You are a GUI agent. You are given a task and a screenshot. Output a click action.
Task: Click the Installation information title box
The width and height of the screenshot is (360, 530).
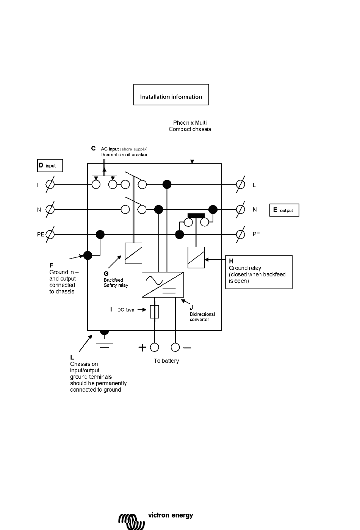click(171, 94)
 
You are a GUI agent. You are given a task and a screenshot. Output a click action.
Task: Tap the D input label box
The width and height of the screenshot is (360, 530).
click(50, 165)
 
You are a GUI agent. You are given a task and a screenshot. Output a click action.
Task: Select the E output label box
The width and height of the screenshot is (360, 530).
click(284, 210)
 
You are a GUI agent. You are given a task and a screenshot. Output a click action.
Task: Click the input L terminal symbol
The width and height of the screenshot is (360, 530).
click(50, 184)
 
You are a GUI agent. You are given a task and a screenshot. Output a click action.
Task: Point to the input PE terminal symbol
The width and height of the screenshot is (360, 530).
click(50, 234)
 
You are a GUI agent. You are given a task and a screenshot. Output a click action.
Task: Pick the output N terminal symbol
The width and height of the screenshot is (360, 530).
click(241, 210)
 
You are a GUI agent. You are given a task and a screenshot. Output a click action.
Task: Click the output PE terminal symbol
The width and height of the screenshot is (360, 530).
click(241, 234)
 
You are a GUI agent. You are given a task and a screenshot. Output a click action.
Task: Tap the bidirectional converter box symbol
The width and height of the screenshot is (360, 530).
click(163, 285)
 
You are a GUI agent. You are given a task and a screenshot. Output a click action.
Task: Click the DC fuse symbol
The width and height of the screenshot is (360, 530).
click(155, 312)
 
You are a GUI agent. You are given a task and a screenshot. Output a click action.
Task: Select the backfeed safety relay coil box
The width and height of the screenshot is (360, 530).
click(133, 253)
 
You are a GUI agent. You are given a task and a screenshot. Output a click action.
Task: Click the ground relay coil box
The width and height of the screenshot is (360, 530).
click(196, 257)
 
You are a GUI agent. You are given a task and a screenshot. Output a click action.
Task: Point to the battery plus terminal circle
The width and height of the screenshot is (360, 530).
click(155, 347)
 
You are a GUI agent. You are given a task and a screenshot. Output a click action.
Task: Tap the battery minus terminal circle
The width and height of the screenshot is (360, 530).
click(175, 347)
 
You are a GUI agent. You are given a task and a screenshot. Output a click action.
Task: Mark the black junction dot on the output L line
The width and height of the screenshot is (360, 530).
click(167, 184)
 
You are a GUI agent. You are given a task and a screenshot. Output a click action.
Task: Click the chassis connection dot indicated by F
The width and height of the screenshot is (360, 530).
click(88, 256)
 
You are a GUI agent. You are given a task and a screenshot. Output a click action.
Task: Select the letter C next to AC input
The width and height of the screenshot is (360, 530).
click(94, 148)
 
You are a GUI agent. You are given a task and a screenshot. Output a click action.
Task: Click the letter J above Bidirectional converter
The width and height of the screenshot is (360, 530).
click(191, 307)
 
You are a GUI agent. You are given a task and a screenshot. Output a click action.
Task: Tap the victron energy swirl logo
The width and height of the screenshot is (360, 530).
click(131, 521)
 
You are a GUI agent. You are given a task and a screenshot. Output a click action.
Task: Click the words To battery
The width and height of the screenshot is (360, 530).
click(166, 361)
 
